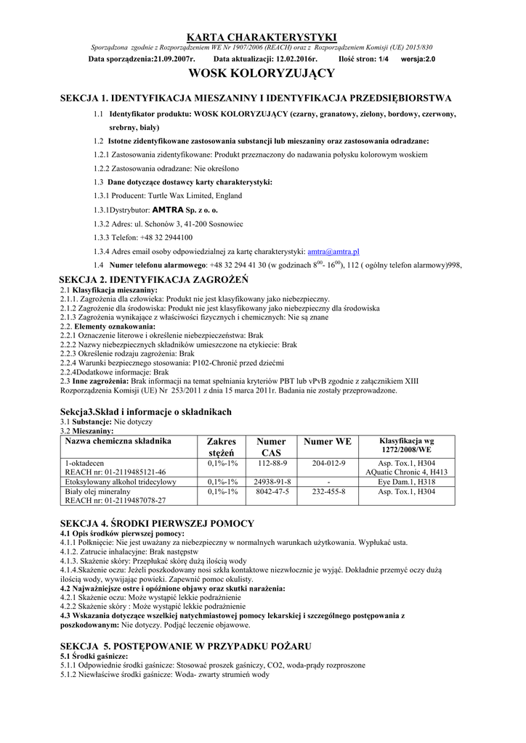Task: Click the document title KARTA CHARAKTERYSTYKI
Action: (x=262, y=37)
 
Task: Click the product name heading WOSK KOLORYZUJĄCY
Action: (x=262, y=73)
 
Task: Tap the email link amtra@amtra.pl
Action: (x=333, y=251)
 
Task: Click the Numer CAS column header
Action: (x=271, y=447)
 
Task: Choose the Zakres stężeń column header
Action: (x=222, y=447)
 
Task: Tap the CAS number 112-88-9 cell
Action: (x=271, y=462)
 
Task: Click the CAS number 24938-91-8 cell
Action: (x=271, y=481)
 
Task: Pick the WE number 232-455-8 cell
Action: (x=328, y=491)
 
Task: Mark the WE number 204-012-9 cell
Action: (x=328, y=462)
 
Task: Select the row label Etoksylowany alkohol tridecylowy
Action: (x=121, y=481)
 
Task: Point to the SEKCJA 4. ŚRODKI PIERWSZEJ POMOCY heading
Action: (x=157, y=523)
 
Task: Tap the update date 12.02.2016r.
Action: (x=298, y=59)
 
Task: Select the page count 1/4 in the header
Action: (x=384, y=59)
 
